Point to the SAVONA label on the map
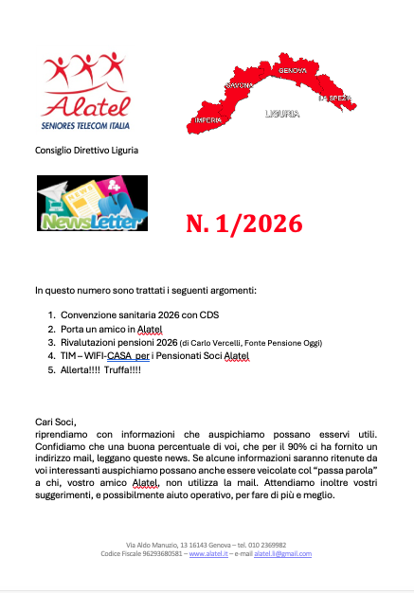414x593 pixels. coord(239,86)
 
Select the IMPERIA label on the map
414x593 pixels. coord(207,120)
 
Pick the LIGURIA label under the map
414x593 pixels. coord(282,114)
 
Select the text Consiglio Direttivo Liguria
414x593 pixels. coord(88,151)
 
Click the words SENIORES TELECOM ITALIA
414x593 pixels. coord(86,126)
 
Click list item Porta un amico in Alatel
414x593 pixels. coord(112,328)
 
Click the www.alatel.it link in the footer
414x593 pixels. coord(210,553)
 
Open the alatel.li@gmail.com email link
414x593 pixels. coord(282,553)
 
